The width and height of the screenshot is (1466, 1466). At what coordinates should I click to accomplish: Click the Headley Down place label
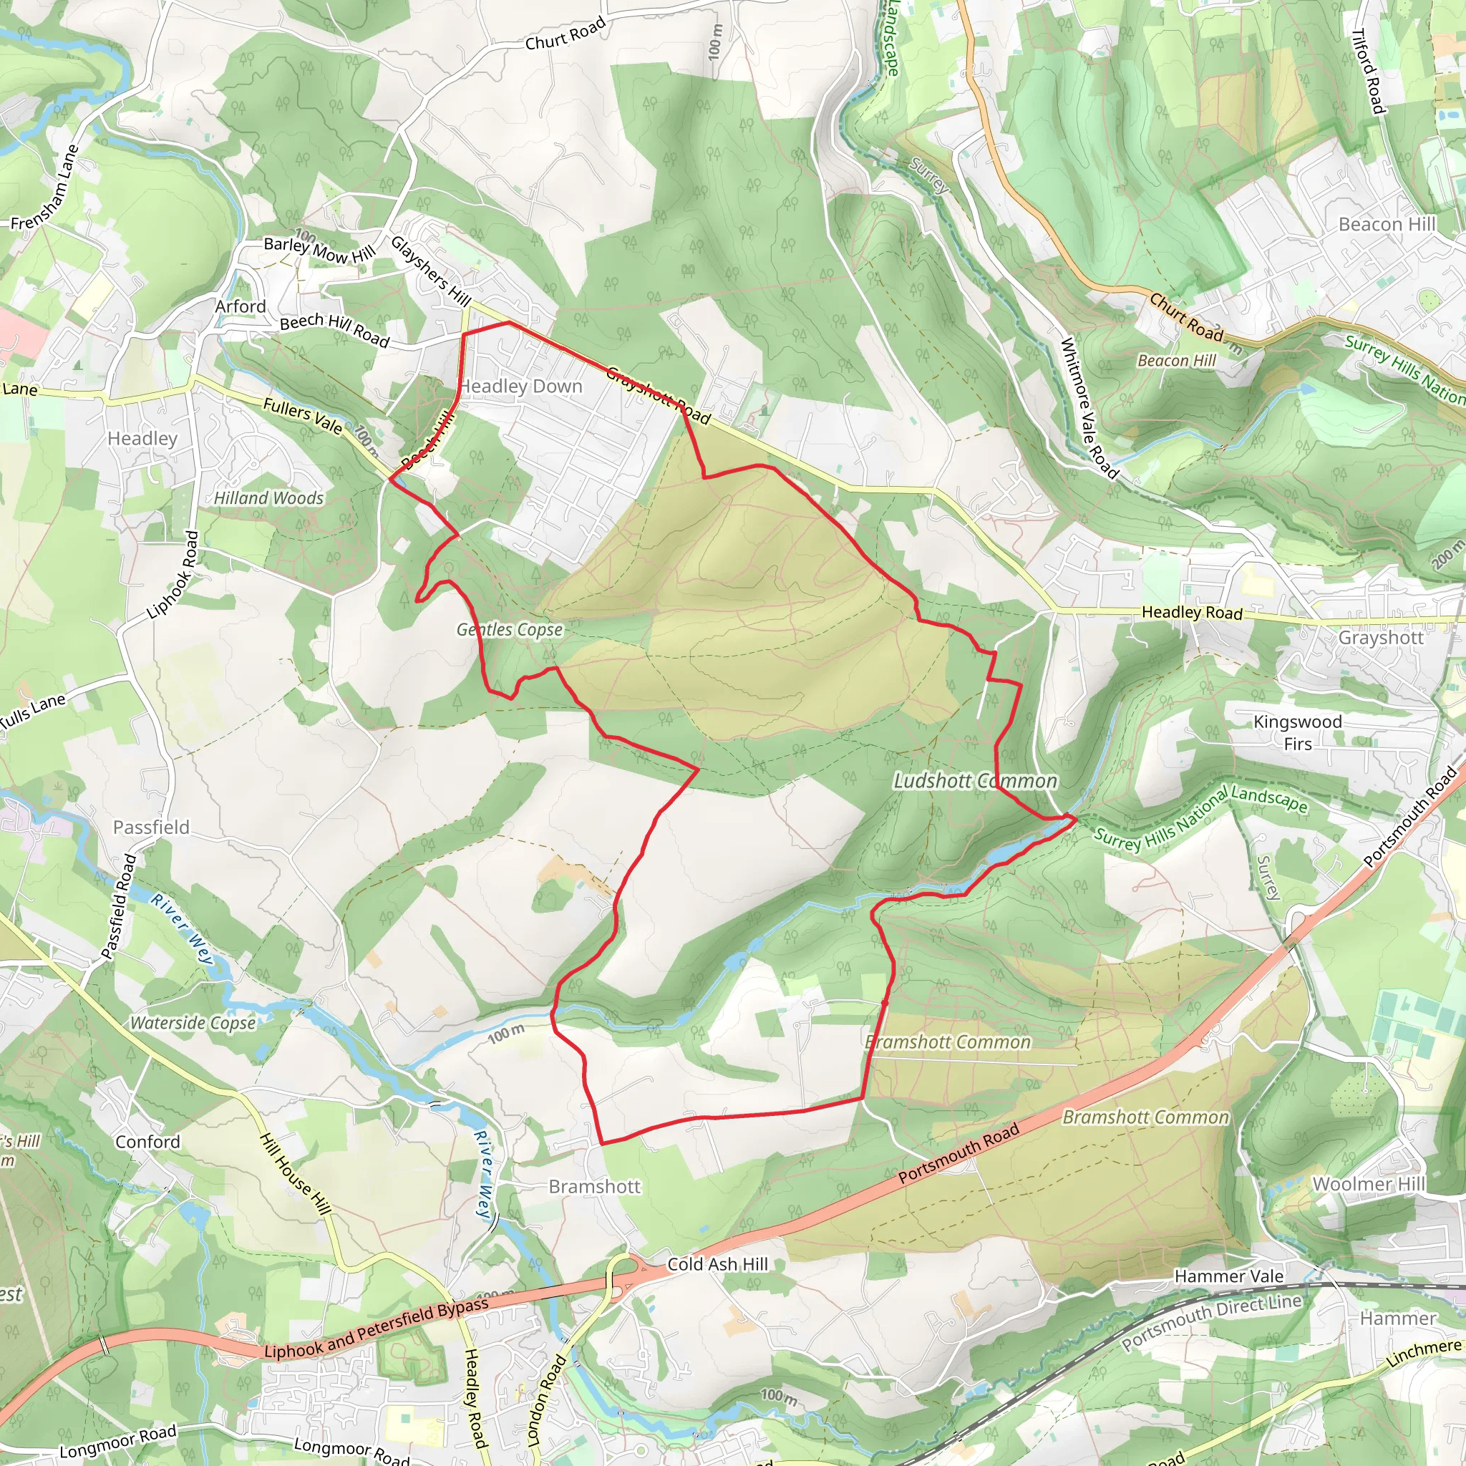pyautogui.click(x=520, y=387)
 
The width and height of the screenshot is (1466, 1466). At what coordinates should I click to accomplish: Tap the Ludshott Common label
pyautogui.click(x=975, y=781)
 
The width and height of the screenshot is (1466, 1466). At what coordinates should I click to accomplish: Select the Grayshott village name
pyautogui.click(x=1380, y=637)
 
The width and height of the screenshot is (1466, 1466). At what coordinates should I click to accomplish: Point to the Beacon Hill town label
pyautogui.click(x=1387, y=225)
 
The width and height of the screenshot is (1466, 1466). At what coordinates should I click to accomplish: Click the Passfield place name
pyautogui.click(x=151, y=827)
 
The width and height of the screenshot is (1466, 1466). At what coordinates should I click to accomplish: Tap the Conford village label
pyautogui.click(x=147, y=1142)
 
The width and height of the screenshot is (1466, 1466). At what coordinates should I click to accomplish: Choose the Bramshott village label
pyautogui.click(x=595, y=1187)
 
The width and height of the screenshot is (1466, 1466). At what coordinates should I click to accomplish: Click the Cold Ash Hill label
pyautogui.click(x=717, y=1264)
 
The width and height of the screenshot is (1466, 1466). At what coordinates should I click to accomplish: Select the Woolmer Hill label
pyautogui.click(x=1369, y=1185)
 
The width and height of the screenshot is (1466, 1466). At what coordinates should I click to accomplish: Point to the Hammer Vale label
pyautogui.click(x=1228, y=1276)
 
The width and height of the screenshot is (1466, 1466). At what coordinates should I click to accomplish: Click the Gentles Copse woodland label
pyautogui.click(x=510, y=630)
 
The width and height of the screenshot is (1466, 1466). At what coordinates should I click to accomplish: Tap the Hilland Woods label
pyautogui.click(x=268, y=498)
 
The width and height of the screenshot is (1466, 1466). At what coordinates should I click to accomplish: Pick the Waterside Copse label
pyautogui.click(x=193, y=1023)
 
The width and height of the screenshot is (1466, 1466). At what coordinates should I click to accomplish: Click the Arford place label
pyautogui.click(x=241, y=306)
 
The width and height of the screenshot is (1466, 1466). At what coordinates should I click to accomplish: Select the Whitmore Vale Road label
pyautogui.click(x=1089, y=408)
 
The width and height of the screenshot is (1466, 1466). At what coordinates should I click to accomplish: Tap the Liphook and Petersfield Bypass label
pyautogui.click(x=377, y=1329)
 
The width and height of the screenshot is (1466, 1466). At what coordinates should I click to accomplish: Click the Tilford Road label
pyautogui.click(x=1368, y=72)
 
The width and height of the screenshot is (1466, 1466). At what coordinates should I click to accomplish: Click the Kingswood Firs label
pyautogui.click(x=1298, y=732)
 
